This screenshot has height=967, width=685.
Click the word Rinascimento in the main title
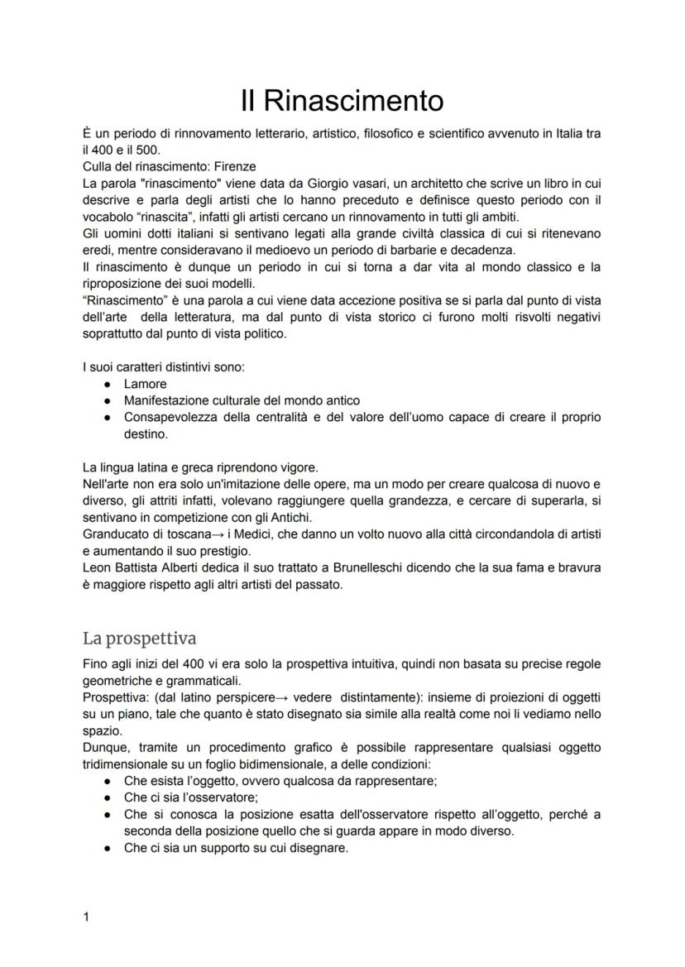pos(353,101)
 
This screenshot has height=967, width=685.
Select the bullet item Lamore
pos(145,384)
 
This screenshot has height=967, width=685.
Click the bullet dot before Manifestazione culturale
pos(107,400)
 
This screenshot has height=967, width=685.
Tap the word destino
pos(145,433)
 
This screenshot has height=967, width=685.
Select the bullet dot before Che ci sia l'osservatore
pos(107,797)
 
